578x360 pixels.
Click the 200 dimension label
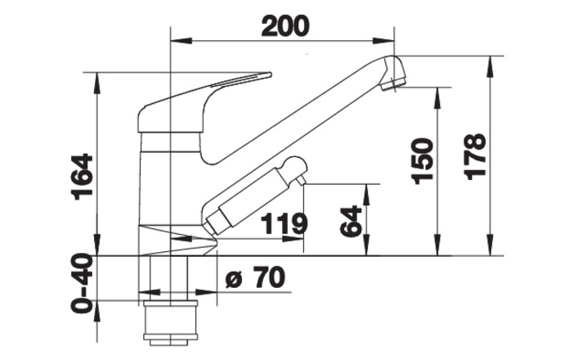pyautogui.click(x=285, y=26)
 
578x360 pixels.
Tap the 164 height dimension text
pyautogui.click(x=82, y=177)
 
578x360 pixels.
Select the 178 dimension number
pyautogui.click(x=476, y=157)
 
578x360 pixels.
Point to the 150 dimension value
pyautogui.click(x=422, y=161)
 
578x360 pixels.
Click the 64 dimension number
pyautogui.click(x=351, y=221)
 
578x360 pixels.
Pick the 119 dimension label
pyautogui.click(x=284, y=223)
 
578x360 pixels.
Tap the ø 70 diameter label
pyautogui.click(x=255, y=277)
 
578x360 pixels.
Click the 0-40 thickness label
pyautogui.click(x=82, y=283)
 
